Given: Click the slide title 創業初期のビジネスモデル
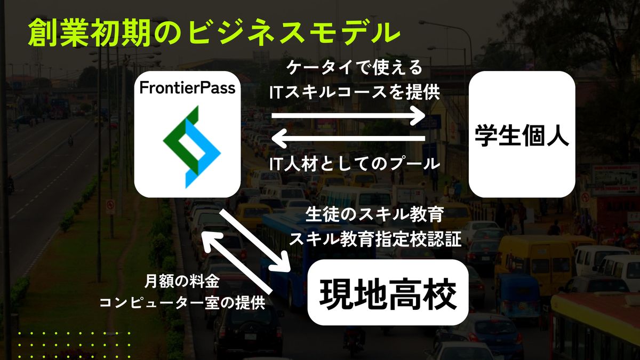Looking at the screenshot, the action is tap(214, 33).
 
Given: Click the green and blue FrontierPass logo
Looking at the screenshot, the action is tap(191, 147).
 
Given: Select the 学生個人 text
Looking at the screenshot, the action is tap(522, 135).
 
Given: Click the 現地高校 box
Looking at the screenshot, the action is tap(388, 292).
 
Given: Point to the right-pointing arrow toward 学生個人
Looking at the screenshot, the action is tap(348, 115).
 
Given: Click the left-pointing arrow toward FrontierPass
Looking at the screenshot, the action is tap(348, 138).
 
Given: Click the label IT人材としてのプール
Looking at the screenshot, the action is tap(354, 164).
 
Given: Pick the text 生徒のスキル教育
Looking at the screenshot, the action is tap(374, 214).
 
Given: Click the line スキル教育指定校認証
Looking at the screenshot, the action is tap(375, 239).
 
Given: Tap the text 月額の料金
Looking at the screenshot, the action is tap(182, 282).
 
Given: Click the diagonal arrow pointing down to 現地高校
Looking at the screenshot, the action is tap(254, 241).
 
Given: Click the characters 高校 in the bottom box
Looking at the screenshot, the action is tap(423, 294).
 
